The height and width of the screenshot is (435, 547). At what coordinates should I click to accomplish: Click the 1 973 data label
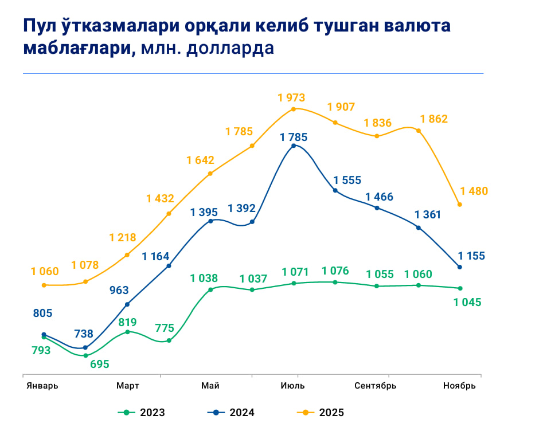[x=291, y=97]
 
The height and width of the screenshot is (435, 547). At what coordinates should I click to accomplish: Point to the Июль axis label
[x=293, y=386]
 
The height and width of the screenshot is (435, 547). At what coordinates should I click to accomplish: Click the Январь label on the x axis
[x=42, y=386]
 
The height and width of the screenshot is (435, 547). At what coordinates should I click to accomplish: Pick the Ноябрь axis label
[x=459, y=386]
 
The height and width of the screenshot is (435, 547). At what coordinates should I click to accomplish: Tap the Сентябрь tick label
[x=376, y=386]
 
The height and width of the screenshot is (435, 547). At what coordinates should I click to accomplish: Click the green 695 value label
[x=99, y=364]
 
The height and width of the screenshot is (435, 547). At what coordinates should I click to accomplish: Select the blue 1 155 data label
[x=471, y=256]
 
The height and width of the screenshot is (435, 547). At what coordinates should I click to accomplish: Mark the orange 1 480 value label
[x=474, y=191]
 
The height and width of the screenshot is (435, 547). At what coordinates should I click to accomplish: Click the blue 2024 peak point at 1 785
[x=294, y=146]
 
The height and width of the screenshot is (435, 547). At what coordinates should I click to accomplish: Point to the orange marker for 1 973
[x=294, y=109]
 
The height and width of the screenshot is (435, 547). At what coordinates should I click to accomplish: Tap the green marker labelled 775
[x=169, y=340]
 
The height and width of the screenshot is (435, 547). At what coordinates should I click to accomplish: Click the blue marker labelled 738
[x=85, y=347]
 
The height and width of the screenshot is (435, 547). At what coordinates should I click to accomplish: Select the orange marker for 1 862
[x=419, y=131]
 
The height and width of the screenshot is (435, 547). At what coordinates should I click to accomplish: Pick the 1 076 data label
[x=335, y=271]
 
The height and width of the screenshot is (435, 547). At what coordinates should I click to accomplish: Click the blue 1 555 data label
[x=347, y=180]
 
